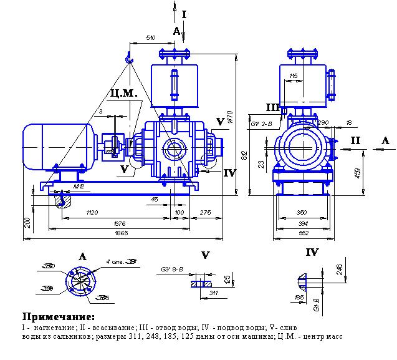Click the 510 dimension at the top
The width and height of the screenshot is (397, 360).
click(x=150, y=38)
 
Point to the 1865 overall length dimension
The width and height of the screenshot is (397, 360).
click(x=122, y=233)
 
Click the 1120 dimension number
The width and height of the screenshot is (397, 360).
click(x=92, y=213)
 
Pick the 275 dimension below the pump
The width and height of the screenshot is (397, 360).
click(x=205, y=213)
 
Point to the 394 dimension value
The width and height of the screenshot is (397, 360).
click(x=302, y=223)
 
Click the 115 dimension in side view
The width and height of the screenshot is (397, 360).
click(x=294, y=76)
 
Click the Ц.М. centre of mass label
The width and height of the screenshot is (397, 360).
click(x=121, y=94)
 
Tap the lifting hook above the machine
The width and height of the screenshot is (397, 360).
click(x=129, y=58)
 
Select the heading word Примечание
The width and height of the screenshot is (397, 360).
click(x=59, y=316)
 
